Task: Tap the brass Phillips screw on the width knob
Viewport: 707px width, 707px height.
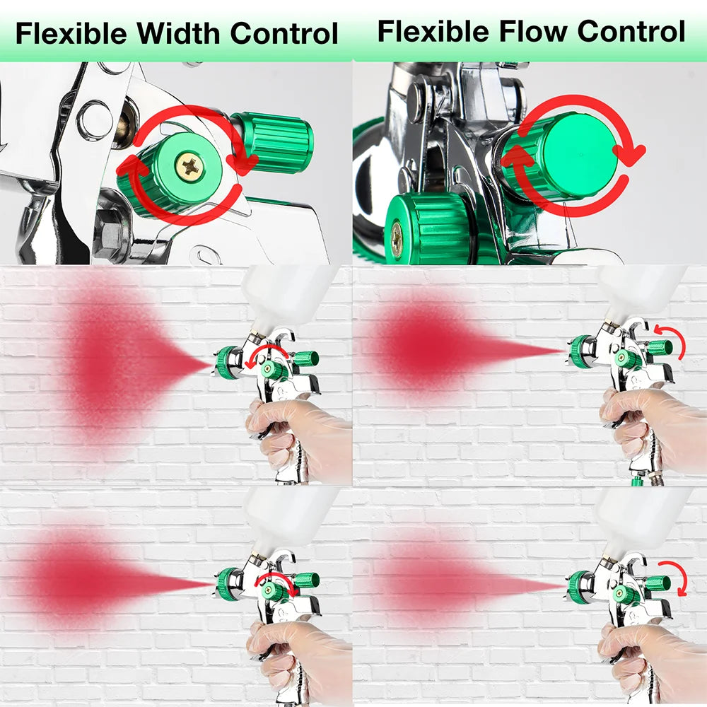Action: pos(189,167)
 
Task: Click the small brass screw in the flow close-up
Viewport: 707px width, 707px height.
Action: pos(397,238)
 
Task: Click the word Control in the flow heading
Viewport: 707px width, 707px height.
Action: pos(631,32)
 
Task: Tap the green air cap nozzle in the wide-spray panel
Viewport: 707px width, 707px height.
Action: pos(228,362)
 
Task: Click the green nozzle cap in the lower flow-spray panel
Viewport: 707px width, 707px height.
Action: pos(580,587)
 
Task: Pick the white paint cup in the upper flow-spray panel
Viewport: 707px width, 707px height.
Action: pos(640,290)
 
